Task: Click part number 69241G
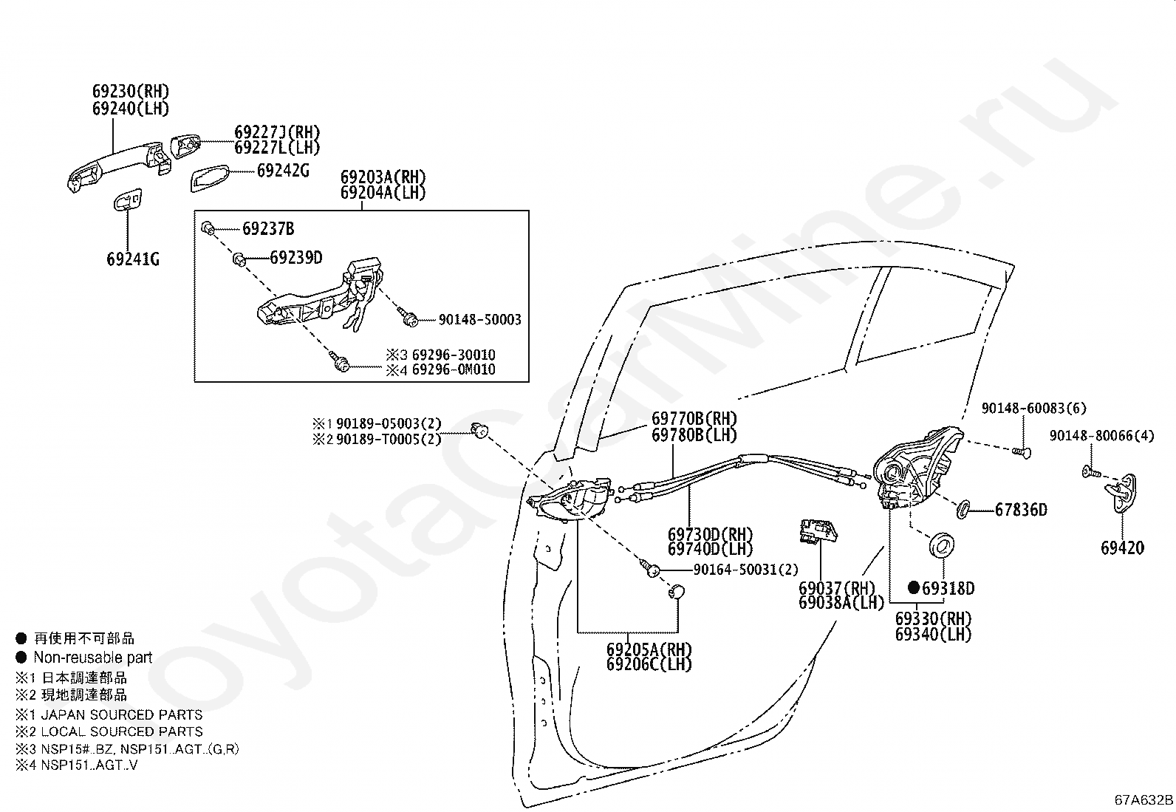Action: coord(133,259)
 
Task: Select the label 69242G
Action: coord(283,171)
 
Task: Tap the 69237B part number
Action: coord(268,229)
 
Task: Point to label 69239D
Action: coord(296,258)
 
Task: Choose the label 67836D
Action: coord(1021,510)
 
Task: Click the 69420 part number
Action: coord(1122,547)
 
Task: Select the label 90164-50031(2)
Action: coord(746,570)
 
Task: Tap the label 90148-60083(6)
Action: coord(1023,409)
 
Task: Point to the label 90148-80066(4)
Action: coord(1101,436)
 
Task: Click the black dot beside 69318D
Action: coord(914,588)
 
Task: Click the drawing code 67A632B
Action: coord(1143,800)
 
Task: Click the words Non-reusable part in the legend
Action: coord(93,658)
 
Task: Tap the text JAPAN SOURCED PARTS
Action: coord(122,714)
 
